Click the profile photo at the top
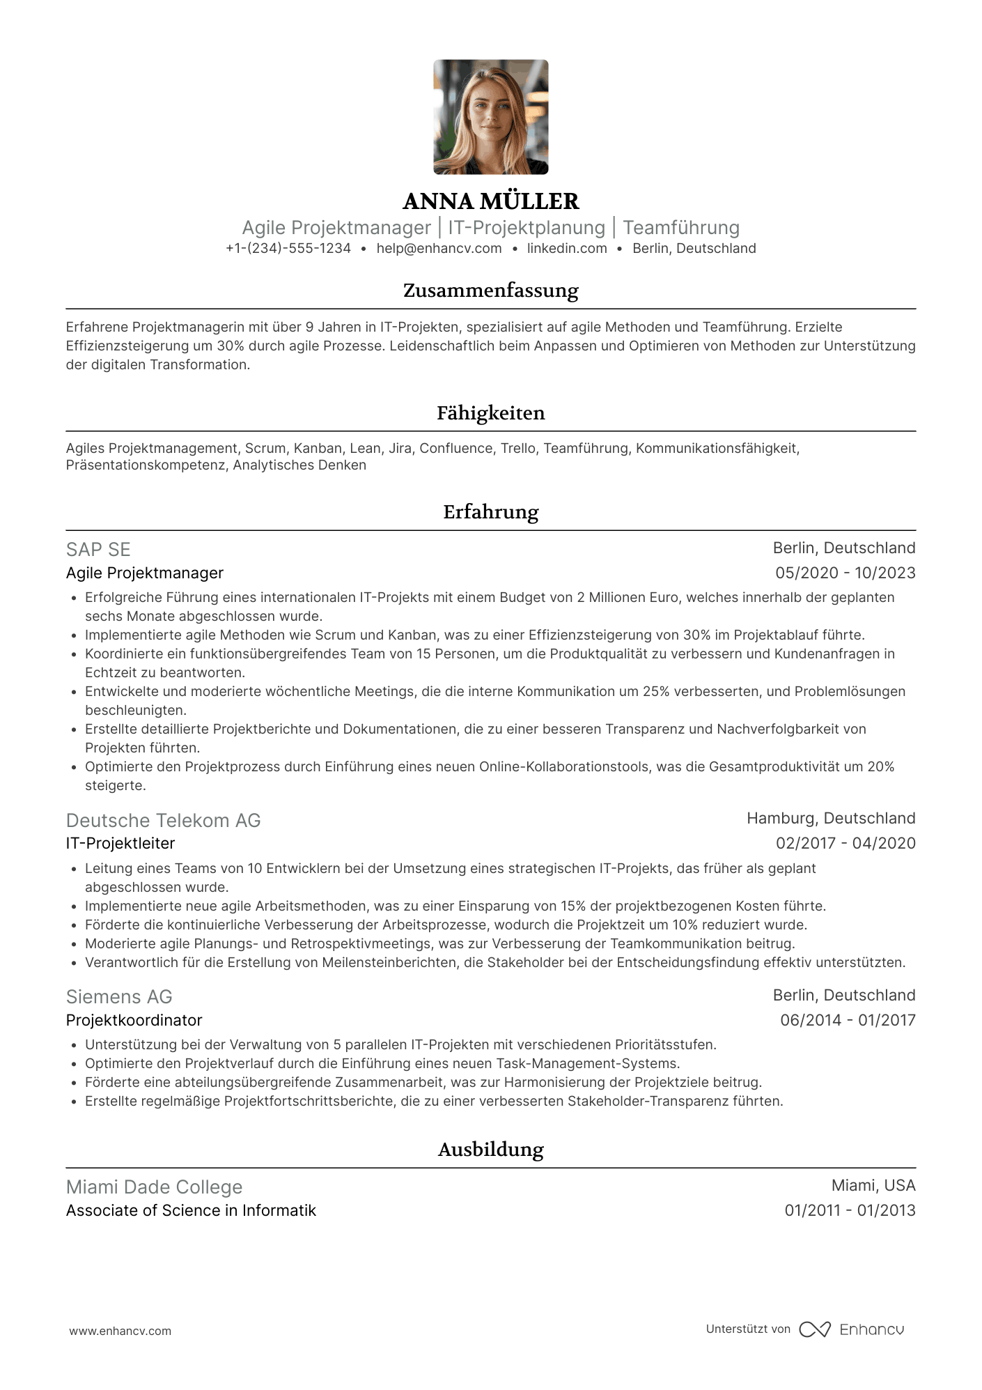click(x=490, y=117)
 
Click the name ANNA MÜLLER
click(x=490, y=201)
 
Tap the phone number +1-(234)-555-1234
click(x=288, y=249)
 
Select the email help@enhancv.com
click(x=439, y=249)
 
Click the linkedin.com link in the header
click(x=567, y=249)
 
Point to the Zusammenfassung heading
click(x=490, y=291)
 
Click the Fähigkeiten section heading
click(x=490, y=413)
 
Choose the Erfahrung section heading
click(x=490, y=512)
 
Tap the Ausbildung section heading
click(x=490, y=1150)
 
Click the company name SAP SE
click(x=98, y=550)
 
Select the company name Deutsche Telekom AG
click(x=163, y=821)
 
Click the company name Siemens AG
click(x=119, y=997)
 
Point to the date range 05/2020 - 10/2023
click(x=845, y=573)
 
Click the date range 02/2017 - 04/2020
click(x=845, y=844)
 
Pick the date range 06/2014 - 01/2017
click(x=847, y=1021)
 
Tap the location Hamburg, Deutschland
click(x=831, y=819)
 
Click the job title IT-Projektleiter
click(x=120, y=844)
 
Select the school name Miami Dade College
click(x=154, y=1187)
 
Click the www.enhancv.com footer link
click(x=120, y=1331)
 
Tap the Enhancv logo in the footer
click(x=852, y=1329)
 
